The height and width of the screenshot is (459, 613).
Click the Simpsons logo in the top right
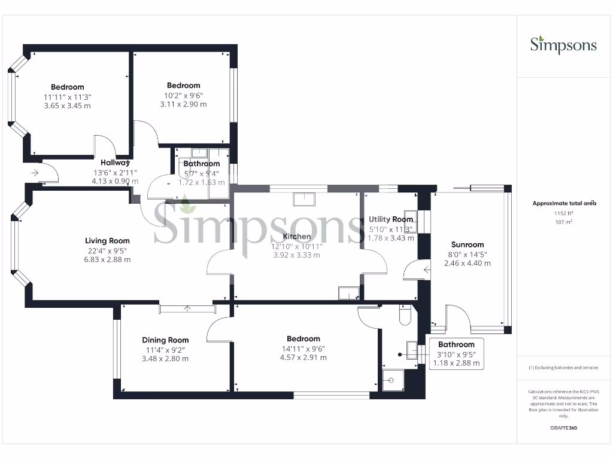pyautogui.click(x=563, y=45)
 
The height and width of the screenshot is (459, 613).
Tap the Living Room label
pyautogui.click(x=108, y=241)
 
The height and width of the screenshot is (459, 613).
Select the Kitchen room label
pyautogui.click(x=296, y=237)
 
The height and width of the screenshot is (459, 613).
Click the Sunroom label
pyautogui.click(x=467, y=244)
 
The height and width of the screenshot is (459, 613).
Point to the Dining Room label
pyautogui.click(x=165, y=340)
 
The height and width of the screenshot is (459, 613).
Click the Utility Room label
pyautogui.click(x=390, y=219)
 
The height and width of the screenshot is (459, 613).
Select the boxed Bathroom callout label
pyautogui.click(x=456, y=345)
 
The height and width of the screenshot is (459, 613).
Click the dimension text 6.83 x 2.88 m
pyautogui.click(x=108, y=260)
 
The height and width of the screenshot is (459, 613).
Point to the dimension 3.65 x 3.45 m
pyautogui.click(x=67, y=106)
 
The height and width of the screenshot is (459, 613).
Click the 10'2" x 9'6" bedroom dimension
pyautogui.click(x=183, y=95)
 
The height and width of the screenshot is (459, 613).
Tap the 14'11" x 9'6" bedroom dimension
pyautogui.click(x=304, y=348)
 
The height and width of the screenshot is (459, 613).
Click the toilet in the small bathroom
pyautogui.click(x=403, y=317)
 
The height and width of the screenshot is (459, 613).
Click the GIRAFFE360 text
pyautogui.click(x=564, y=428)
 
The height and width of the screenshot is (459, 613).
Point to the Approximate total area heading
pyautogui.click(x=564, y=203)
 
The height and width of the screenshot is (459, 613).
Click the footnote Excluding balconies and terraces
pyautogui.click(x=564, y=368)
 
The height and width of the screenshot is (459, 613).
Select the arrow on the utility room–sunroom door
pyautogui.click(x=426, y=270)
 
